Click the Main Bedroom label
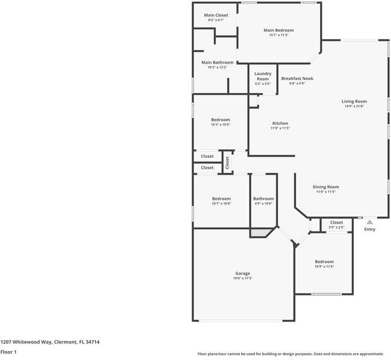(279, 30)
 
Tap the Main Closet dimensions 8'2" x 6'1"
(216, 20)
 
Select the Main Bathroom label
(217, 62)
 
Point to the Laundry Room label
(262, 76)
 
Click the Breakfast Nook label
(297, 79)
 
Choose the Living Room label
(354, 101)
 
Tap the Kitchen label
(280, 123)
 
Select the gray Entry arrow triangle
(369, 222)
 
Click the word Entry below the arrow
(369, 229)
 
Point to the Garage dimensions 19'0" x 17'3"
(243, 278)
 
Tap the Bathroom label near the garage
(263, 199)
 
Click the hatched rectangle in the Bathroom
(259, 232)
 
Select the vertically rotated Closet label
(227, 162)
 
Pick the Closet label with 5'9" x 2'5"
(336, 223)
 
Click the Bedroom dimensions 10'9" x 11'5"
(324, 266)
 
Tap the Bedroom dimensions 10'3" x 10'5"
(220, 125)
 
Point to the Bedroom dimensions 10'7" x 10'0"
(221, 203)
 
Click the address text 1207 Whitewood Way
(26, 342)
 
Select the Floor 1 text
(8, 352)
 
